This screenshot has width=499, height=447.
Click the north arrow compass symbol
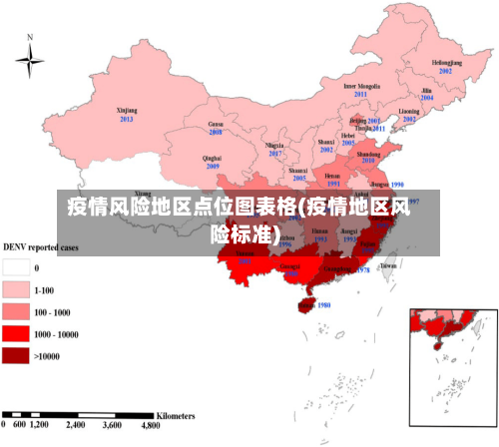[x=30, y=61]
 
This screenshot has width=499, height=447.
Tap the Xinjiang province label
[x=127, y=110]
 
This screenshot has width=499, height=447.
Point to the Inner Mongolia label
[x=361, y=86]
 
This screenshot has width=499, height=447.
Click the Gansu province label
[x=215, y=124]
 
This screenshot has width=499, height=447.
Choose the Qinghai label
[x=212, y=158]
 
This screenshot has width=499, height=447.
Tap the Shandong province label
[x=368, y=155]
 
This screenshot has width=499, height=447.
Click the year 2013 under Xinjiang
[x=127, y=119]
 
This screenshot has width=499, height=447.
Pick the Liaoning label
[x=409, y=111]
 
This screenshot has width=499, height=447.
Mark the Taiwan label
[x=389, y=266]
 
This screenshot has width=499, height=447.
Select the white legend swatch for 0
[x=16, y=267]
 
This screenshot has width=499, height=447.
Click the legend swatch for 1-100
[x=16, y=289]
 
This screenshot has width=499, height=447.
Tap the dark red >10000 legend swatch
[x=16, y=354]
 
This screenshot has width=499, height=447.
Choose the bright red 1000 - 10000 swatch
[x=16, y=333]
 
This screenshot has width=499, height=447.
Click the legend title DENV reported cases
[x=41, y=246]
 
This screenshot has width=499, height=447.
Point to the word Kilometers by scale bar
[x=178, y=413]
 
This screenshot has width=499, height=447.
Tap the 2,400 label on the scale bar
[x=76, y=425]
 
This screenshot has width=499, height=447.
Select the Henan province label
[x=332, y=176]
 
